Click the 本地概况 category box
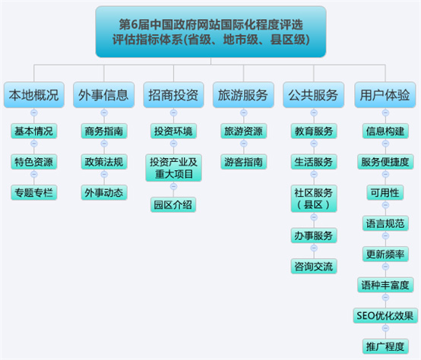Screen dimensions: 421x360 click(34, 95)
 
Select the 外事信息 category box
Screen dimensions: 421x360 click(103, 95)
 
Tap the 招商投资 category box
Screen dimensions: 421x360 click(173, 95)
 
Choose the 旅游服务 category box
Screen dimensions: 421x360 click(243, 95)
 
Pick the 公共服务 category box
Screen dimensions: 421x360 click(313, 95)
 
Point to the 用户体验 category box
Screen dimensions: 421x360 click(385, 95)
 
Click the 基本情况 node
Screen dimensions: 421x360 click(34, 131)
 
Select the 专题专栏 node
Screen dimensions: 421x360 click(34, 193)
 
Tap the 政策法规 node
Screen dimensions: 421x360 click(104, 162)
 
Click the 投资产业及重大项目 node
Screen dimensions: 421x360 click(173, 168)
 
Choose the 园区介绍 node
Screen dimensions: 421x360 click(173, 205)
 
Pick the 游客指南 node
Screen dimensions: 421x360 click(243, 162)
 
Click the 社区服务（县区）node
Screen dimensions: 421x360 click(314, 199)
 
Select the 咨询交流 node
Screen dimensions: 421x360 click(314, 267)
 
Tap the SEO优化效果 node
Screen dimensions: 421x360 click(385, 316)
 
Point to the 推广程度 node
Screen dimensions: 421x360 click(385, 346)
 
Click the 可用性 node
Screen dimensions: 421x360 click(385, 193)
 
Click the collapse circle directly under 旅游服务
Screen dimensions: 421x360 click(243, 112)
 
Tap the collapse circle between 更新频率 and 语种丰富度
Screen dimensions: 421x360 click(385, 267)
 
